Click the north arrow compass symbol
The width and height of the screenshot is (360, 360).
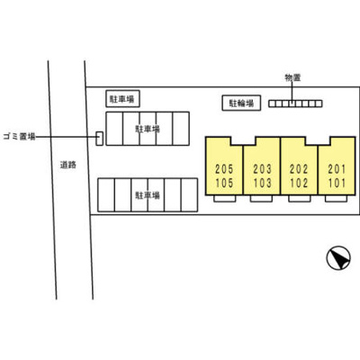pyautogui.click(x=338, y=257)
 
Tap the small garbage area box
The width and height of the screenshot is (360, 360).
pyautogui.click(x=99, y=139)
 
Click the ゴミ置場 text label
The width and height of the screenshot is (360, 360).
pyautogui.click(x=19, y=137)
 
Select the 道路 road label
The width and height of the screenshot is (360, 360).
pyautogui.click(x=68, y=165)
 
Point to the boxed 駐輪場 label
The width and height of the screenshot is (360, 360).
pyautogui.click(x=241, y=103)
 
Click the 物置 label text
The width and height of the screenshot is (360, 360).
pyautogui.click(x=292, y=77)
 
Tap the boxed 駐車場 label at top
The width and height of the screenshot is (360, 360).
pyautogui.click(x=122, y=99)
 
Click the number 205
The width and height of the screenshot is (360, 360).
pyautogui.click(x=224, y=169)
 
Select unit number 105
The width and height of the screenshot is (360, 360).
pyautogui.click(x=224, y=183)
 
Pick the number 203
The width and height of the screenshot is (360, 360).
pyautogui.click(x=262, y=169)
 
